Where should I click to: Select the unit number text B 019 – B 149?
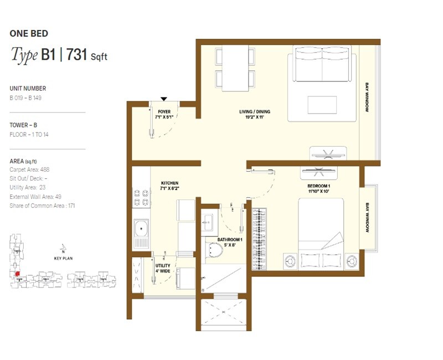point(25,98)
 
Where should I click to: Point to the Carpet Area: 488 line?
point(30,169)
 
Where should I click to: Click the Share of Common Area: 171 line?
point(42,205)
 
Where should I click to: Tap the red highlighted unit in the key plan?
point(17,274)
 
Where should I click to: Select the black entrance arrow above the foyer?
point(164,99)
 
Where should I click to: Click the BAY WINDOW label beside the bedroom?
point(367,217)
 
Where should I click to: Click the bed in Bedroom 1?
point(321,233)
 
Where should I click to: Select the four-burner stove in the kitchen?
point(141,198)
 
